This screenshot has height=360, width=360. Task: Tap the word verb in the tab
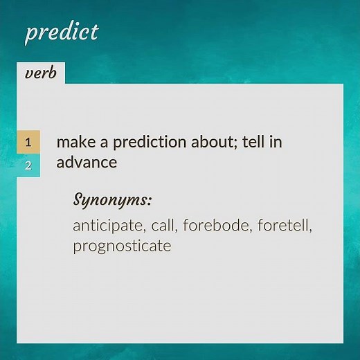point(40,73)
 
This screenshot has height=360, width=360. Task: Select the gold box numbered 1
point(28,142)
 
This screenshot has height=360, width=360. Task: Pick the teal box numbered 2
point(28,165)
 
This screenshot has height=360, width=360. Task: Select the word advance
point(87,163)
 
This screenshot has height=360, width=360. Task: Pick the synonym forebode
point(215,226)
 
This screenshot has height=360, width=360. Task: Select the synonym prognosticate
point(122,246)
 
